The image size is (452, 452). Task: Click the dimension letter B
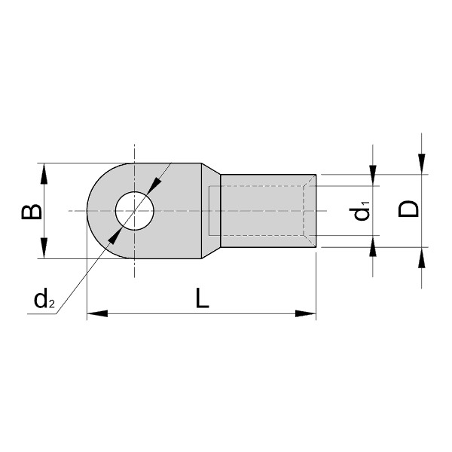tap(30, 211)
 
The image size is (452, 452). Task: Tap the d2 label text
tap(44, 300)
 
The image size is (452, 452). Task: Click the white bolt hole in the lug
tap(134, 210)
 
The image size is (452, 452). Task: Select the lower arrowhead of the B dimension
tap(44, 249)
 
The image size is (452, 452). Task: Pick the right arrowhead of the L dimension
tap(305, 313)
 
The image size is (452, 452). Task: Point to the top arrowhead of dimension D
tap(423, 165)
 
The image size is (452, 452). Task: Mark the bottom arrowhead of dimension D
tap(423, 257)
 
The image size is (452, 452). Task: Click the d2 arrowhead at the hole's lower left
tap(114, 236)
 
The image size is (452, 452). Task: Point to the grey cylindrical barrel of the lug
tap(264, 210)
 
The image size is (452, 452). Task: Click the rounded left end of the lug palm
tap(92, 210)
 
